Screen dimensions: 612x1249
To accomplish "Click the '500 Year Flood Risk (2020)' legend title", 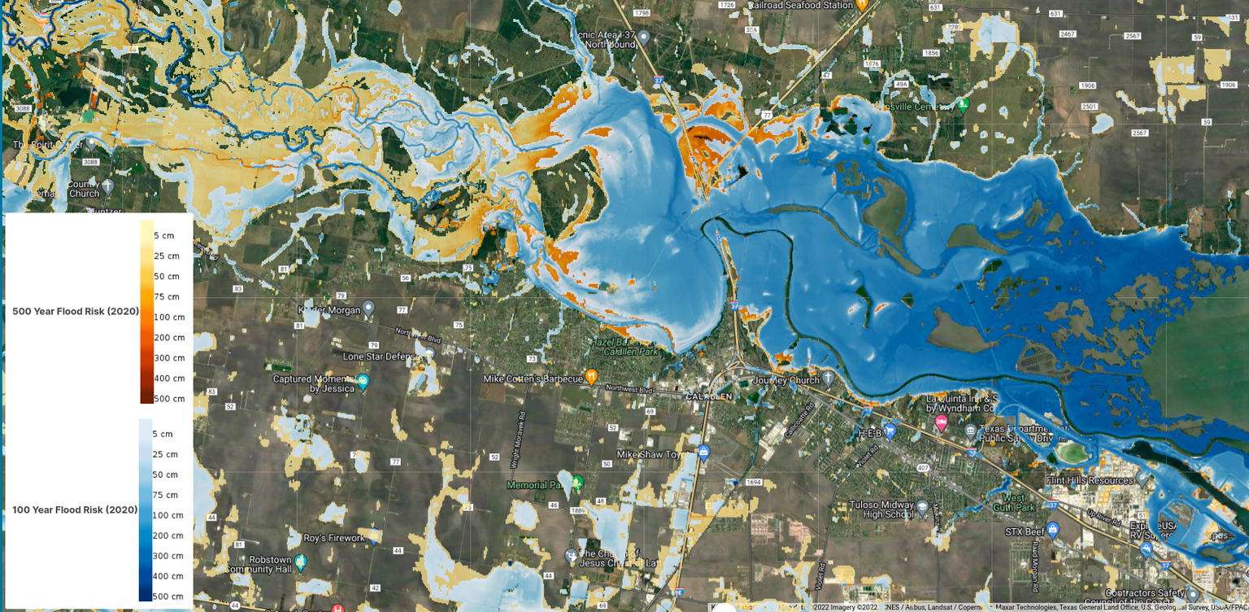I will (76, 311).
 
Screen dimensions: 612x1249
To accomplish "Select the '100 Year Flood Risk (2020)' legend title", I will (75, 509).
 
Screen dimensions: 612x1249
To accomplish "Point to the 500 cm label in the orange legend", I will (169, 399).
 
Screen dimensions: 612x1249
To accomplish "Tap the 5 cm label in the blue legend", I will (163, 434).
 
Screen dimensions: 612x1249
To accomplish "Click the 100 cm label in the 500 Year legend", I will (169, 317).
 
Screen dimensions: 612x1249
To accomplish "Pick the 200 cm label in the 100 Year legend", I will (168, 535).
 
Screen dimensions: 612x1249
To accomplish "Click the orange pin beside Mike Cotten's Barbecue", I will (591, 377).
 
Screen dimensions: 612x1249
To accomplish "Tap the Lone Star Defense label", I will (379, 356).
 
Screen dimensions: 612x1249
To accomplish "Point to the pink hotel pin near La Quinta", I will (941, 422).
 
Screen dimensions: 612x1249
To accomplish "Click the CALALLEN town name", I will (710, 396).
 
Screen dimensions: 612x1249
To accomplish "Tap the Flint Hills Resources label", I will (1090, 480).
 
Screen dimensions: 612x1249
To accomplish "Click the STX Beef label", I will (1024, 532).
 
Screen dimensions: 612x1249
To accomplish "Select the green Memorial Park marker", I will (577, 483).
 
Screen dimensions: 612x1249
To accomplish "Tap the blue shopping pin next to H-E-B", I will (890, 431).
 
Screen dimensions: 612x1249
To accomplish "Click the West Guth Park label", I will (1014, 502).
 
